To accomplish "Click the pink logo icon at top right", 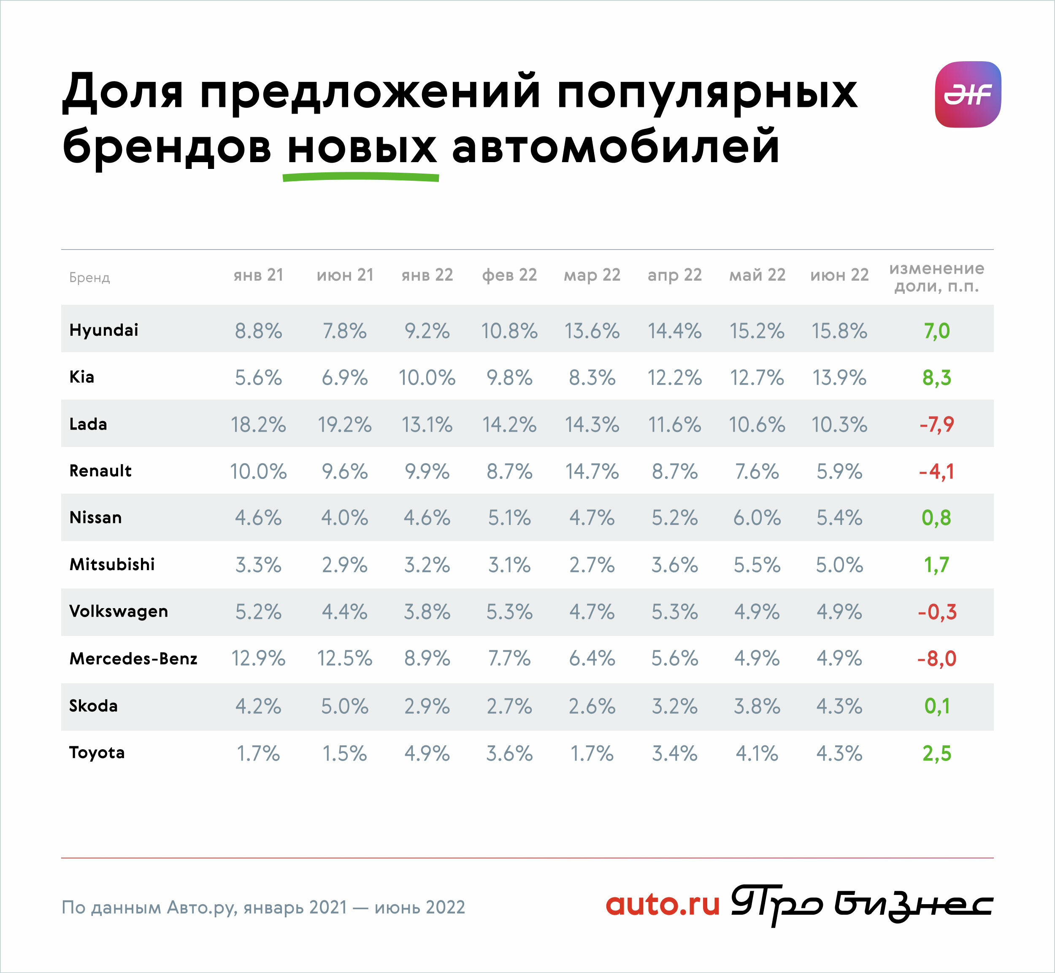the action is pyautogui.click(x=968, y=94).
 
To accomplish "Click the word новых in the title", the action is pyautogui.click(x=362, y=147).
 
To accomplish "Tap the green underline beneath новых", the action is pyautogui.click(x=361, y=177).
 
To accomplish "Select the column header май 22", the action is pyautogui.click(x=757, y=275).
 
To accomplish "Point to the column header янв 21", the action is pyautogui.click(x=258, y=275).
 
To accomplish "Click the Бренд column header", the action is pyautogui.click(x=89, y=277).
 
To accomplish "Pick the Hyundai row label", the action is pyautogui.click(x=104, y=330).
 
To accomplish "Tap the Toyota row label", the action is pyautogui.click(x=97, y=753).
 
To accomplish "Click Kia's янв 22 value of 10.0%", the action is pyautogui.click(x=427, y=378).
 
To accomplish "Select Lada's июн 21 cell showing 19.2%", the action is pyautogui.click(x=345, y=424).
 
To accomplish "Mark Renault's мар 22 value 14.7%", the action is pyautogui.click(x=592, y=471).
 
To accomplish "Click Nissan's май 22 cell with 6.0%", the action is pyautogui.click(x=757, y=518).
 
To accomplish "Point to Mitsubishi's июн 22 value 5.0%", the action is pyautogui.click(x=839, y=565).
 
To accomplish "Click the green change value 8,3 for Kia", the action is pyautogui.click(x=936, y=378).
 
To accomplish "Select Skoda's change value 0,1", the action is pyautogui.click(x=936, y=706).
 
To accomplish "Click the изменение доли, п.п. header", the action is pyautogui.click(x=936, y=277).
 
